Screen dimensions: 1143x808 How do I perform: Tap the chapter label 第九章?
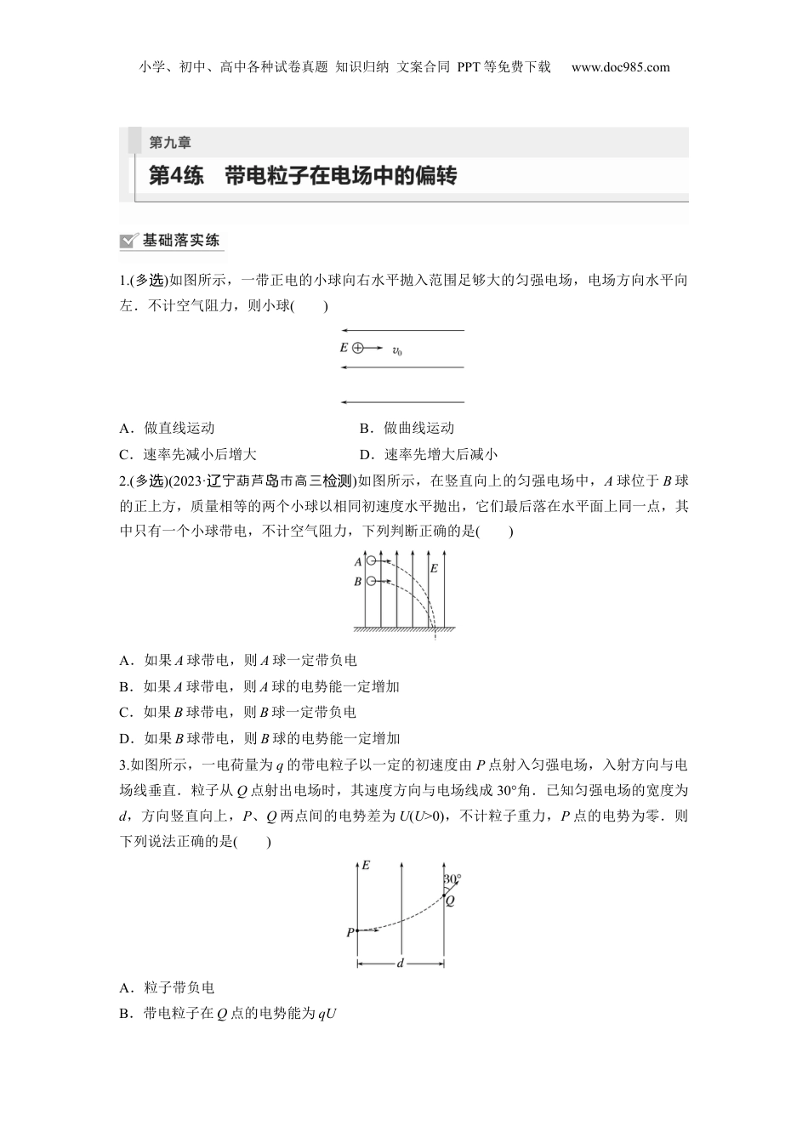tap(170, 142)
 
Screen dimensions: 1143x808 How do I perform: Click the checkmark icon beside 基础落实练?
tap(129, 241)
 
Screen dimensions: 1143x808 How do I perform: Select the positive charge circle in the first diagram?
tap(357, 348)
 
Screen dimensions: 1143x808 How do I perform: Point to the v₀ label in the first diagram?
tap(396, 350)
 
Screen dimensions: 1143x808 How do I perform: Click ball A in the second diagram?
tap(371, 561)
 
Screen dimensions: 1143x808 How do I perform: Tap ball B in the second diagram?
tap(371, 581)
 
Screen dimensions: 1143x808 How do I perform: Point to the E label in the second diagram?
tap(433, 568)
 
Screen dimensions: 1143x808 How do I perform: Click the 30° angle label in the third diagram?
tap(452, 879)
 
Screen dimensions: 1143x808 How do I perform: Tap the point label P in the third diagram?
tap(349, 933)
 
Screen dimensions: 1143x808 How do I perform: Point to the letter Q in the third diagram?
tap(450, 901)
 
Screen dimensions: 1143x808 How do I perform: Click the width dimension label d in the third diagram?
tap(400, 964)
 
